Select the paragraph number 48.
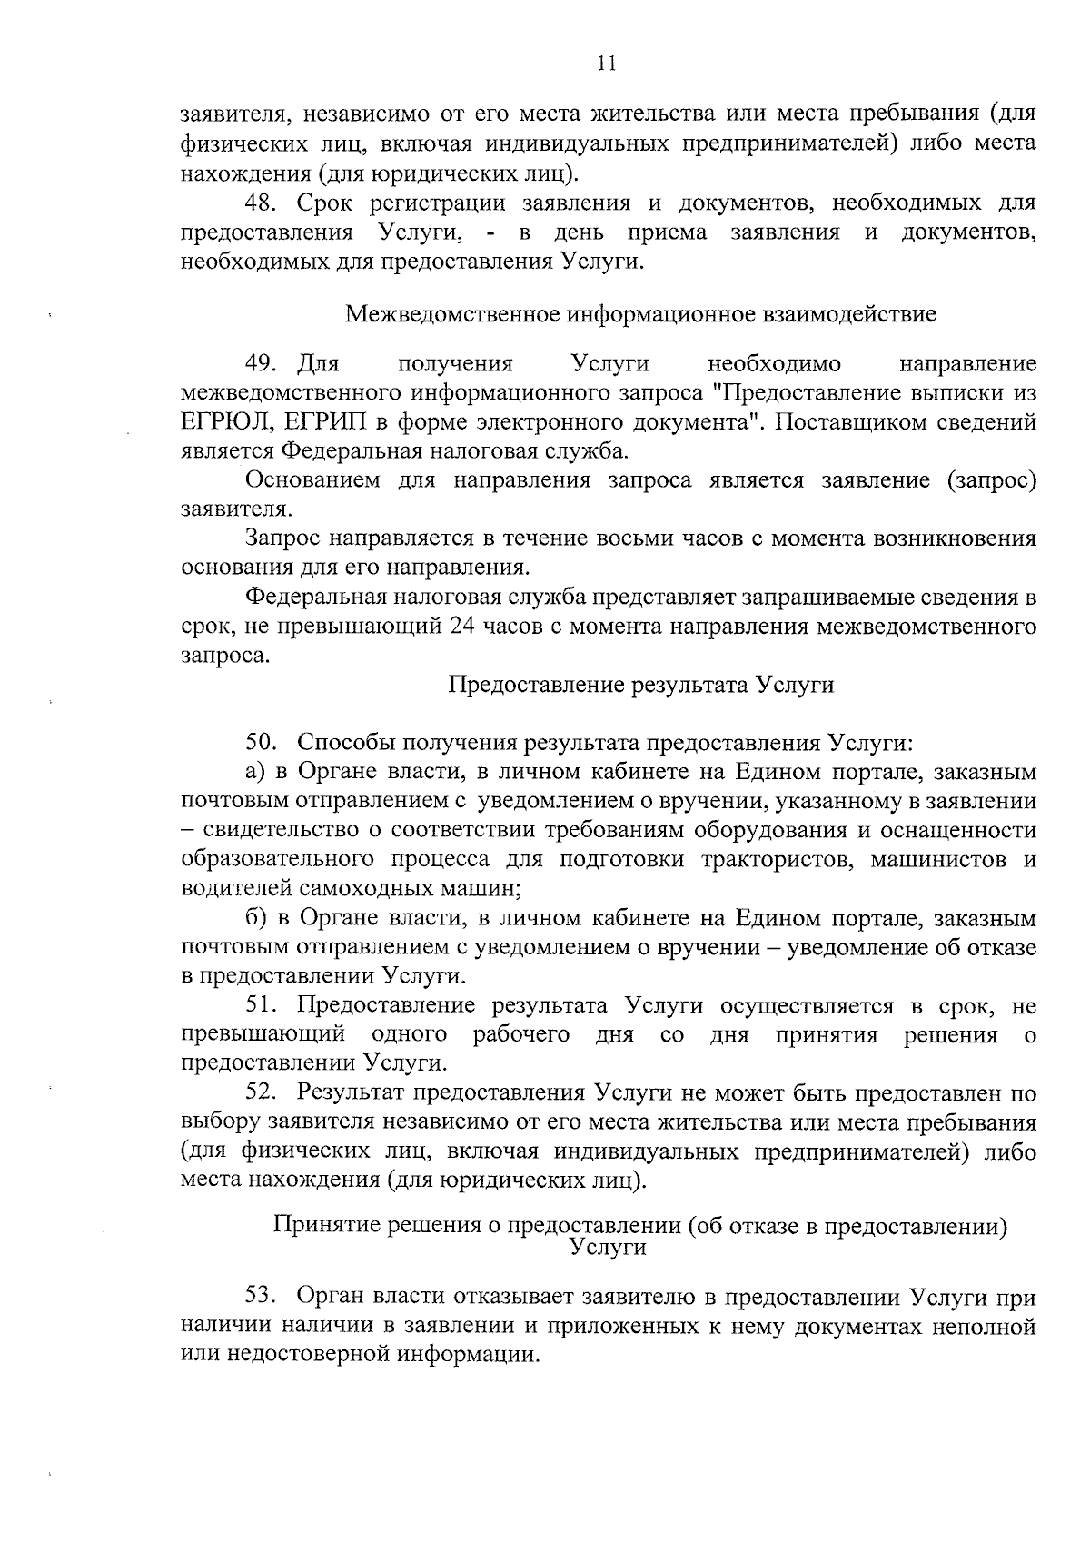click(262, 202)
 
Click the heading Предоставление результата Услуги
click(641, 685)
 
